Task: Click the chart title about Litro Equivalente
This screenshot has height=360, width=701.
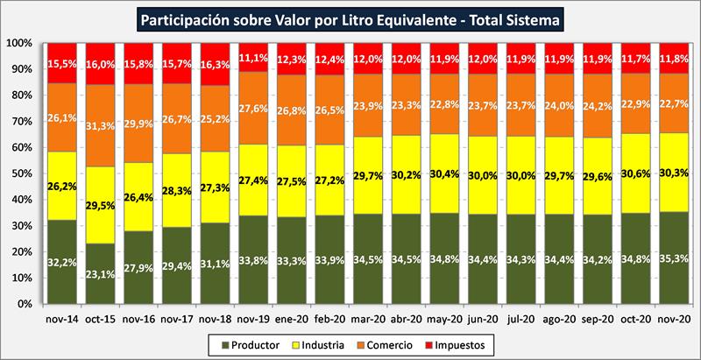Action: tap(350, 17)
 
